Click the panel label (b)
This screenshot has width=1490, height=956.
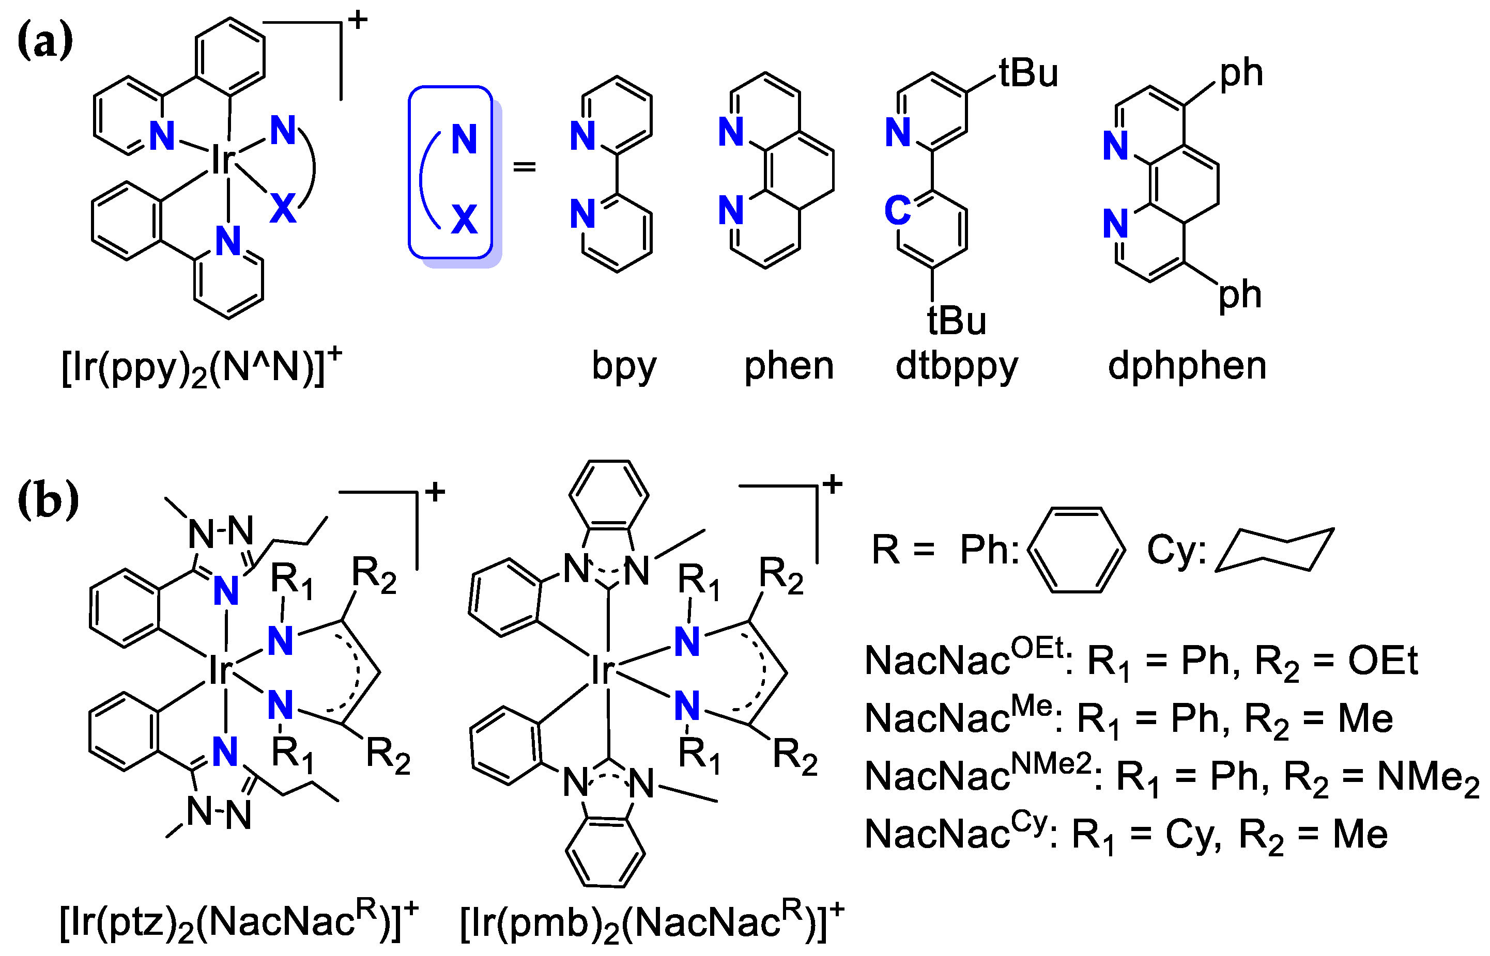(x=48, y=500)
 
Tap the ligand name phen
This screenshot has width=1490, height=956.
(x=789, y=366)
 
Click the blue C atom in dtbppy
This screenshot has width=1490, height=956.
(x=898, y=211)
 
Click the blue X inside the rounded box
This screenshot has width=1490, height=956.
(x=464, y=219)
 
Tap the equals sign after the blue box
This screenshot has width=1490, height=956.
(x=524, y=166)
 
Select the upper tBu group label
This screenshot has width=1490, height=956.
(x=1028, y=73)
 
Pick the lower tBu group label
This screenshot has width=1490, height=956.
(x=957, y=321)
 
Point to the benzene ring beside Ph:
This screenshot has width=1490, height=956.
(x=1076, y=550)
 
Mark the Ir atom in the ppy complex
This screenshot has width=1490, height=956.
(x=222, y=160)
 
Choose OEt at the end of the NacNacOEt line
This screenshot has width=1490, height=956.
(x=1383, y=661)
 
